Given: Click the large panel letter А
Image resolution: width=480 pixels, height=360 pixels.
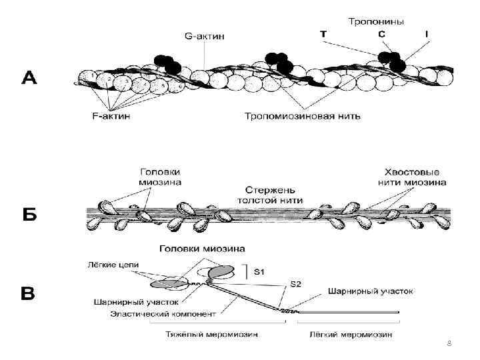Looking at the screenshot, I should pyautogui.click(x=30, y=79).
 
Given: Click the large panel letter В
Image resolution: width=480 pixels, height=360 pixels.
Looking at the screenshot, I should pyautogui.click(x=29, y=293).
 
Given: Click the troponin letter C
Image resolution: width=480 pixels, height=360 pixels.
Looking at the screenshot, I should pyautogui.click(x=381, y=34).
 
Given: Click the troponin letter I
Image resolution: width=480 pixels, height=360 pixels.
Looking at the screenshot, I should pyautogui.click(x=425, y=34).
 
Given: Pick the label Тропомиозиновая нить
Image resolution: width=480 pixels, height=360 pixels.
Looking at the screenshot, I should pyautogui.click(x=303, y=116).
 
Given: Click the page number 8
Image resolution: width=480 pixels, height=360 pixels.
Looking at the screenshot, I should pyautogui.click(x=449, y=343).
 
